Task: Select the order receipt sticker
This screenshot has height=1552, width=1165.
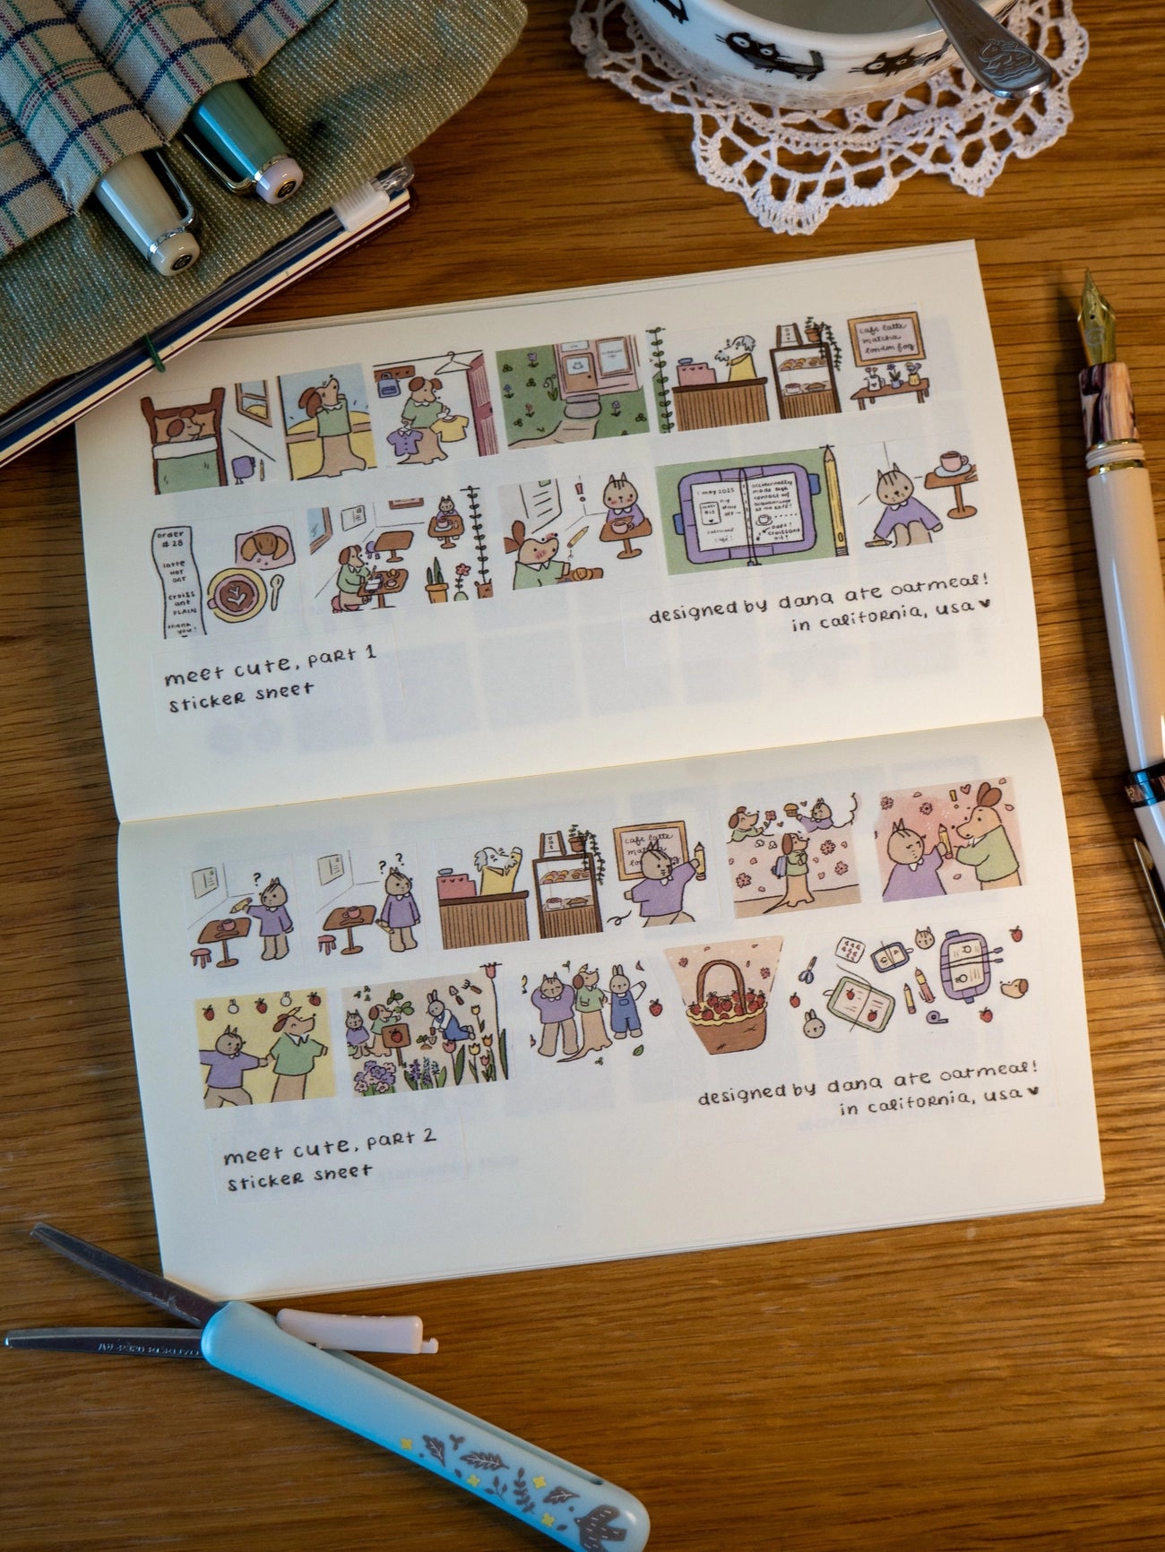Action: coord(176,579)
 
